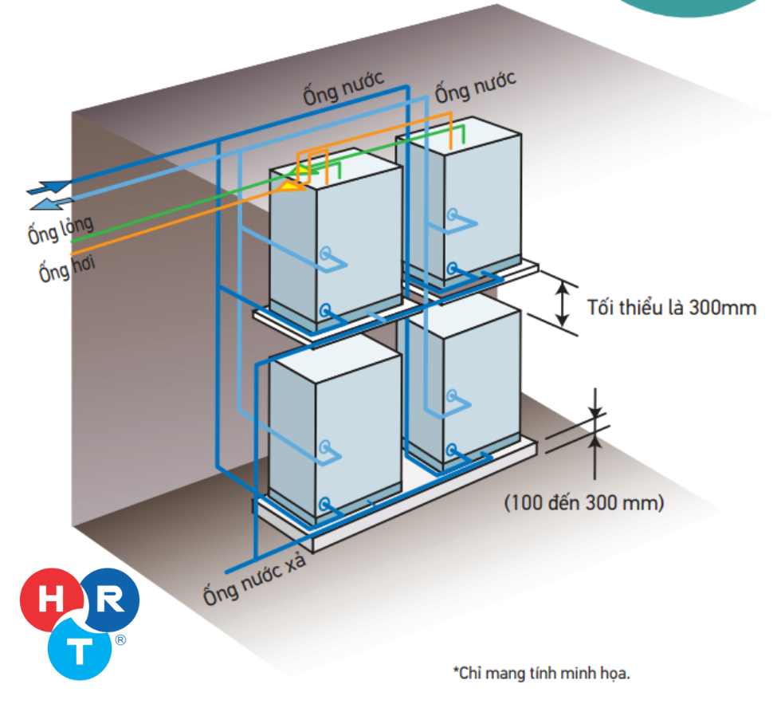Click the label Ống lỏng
click(61, 230)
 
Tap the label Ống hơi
click(67, 269)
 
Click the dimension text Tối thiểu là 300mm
click(672, 308)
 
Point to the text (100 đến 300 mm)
click(583, 503)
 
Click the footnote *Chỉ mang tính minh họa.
click(542, 673)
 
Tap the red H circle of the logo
click(52, 600)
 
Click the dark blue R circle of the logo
click(110, 600)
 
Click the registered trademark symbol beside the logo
click(120, 640)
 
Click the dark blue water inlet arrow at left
click(49, 187)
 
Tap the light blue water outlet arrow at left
click(52, 203)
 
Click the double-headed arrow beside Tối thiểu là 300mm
click(562, 304)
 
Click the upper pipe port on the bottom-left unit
click(324, 446)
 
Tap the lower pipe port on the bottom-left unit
click(324, 505)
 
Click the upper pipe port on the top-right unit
click(451, 214)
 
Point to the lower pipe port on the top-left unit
click(325, 311)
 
